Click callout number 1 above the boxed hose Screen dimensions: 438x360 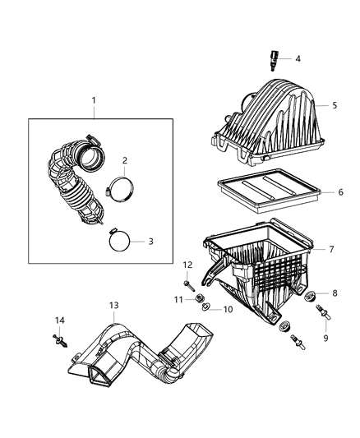pyautogui.click(x=94, y=101)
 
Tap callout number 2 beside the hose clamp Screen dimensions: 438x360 pyautogui.click(x=125, y=160)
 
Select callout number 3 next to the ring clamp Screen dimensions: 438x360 pyautogui.click(x=150, y=242)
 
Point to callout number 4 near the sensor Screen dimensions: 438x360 pyautogui.click(x=298, y=58)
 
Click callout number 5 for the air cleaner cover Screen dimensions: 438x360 pyautogui.click(x=335, y=106)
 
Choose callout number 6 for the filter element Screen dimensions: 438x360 pyautogui.click(x=340, y=192)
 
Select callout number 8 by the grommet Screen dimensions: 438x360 pyautogui.click(x=335, y=293)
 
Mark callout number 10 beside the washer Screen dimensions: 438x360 pyautogui.click(x=228, y=310)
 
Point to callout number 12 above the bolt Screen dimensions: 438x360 pyautogui.click(x=187, y=265)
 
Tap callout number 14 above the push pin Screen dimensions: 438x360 pyautogui.click(x=59, y=320)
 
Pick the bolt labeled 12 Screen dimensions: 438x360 pyautogui.click(x=189, y=284)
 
